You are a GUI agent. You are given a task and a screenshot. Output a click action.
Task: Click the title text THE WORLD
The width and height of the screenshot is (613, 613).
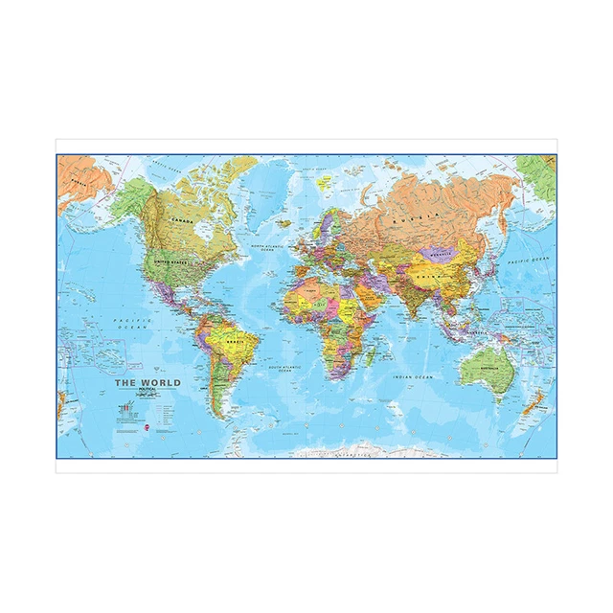[147, 383]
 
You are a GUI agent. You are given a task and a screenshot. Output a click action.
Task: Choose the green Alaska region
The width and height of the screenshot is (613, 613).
[130, 200]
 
